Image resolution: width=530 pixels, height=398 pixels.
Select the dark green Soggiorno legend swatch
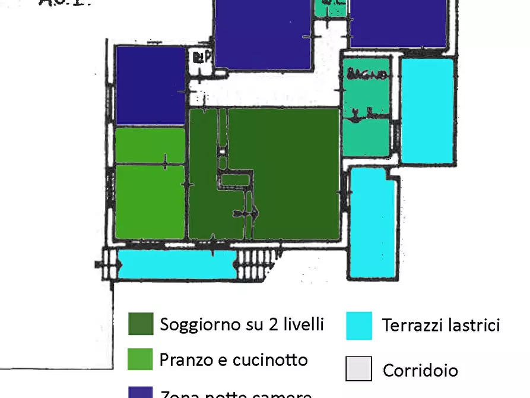(x=141, y=324)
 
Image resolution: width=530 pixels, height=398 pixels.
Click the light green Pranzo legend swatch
(x=141, y=359)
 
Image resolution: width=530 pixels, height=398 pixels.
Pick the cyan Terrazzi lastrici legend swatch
(x=358, y=326)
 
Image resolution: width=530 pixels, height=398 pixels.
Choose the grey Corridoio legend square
(x=358, y=368)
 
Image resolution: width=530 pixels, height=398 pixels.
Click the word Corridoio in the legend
(x=420, y=370)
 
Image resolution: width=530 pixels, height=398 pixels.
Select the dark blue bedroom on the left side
(x=151, y=85)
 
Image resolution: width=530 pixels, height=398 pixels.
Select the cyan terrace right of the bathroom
(x=427, y=110)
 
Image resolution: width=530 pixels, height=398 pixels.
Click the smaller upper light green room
(x=150, y=146)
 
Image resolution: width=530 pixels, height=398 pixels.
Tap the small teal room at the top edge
(x=329, y=8)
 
